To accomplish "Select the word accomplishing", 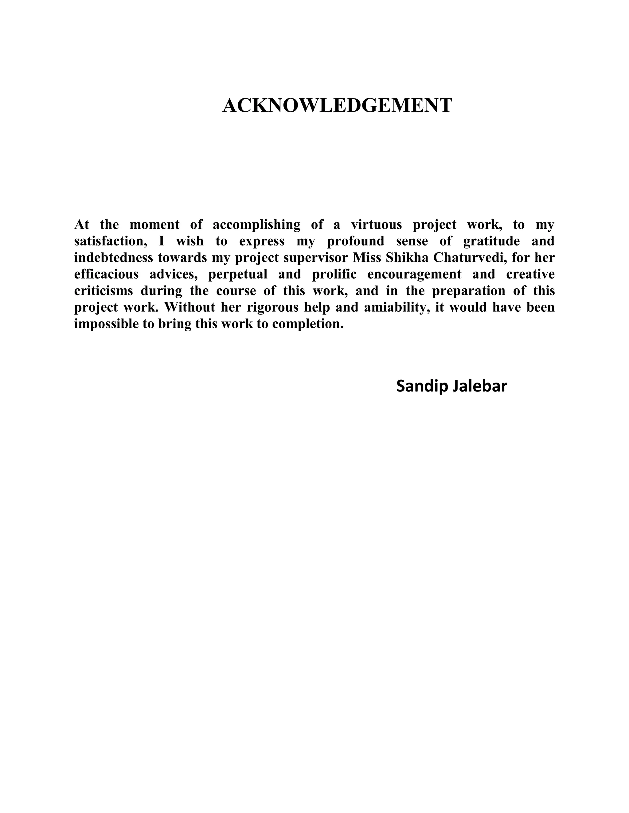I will (x=256, y=225).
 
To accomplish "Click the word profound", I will (x=355, y=241).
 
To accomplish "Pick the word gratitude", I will (x=491, y=241).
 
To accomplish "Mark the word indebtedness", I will (x=113, y=258).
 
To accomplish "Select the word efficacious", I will (x=106, y=274).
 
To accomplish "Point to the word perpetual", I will (x=238, y=274).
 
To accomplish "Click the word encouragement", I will (x=414, y=274).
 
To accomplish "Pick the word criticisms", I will (x=103, y=291).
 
